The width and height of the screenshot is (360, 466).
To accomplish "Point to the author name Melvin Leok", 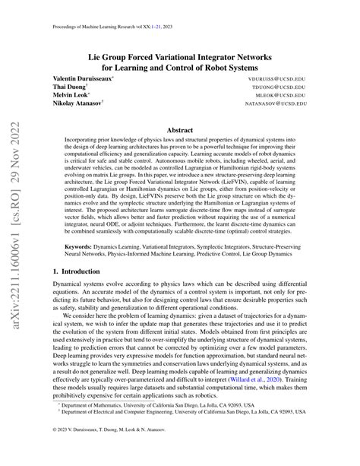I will pos(68,97).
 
